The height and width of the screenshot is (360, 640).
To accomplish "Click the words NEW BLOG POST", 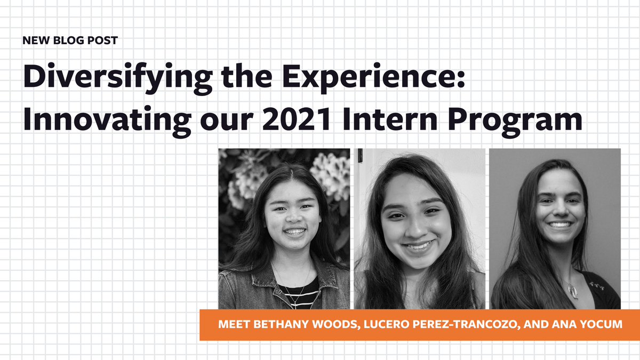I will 70,41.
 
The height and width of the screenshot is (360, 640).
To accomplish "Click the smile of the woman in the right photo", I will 560,225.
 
